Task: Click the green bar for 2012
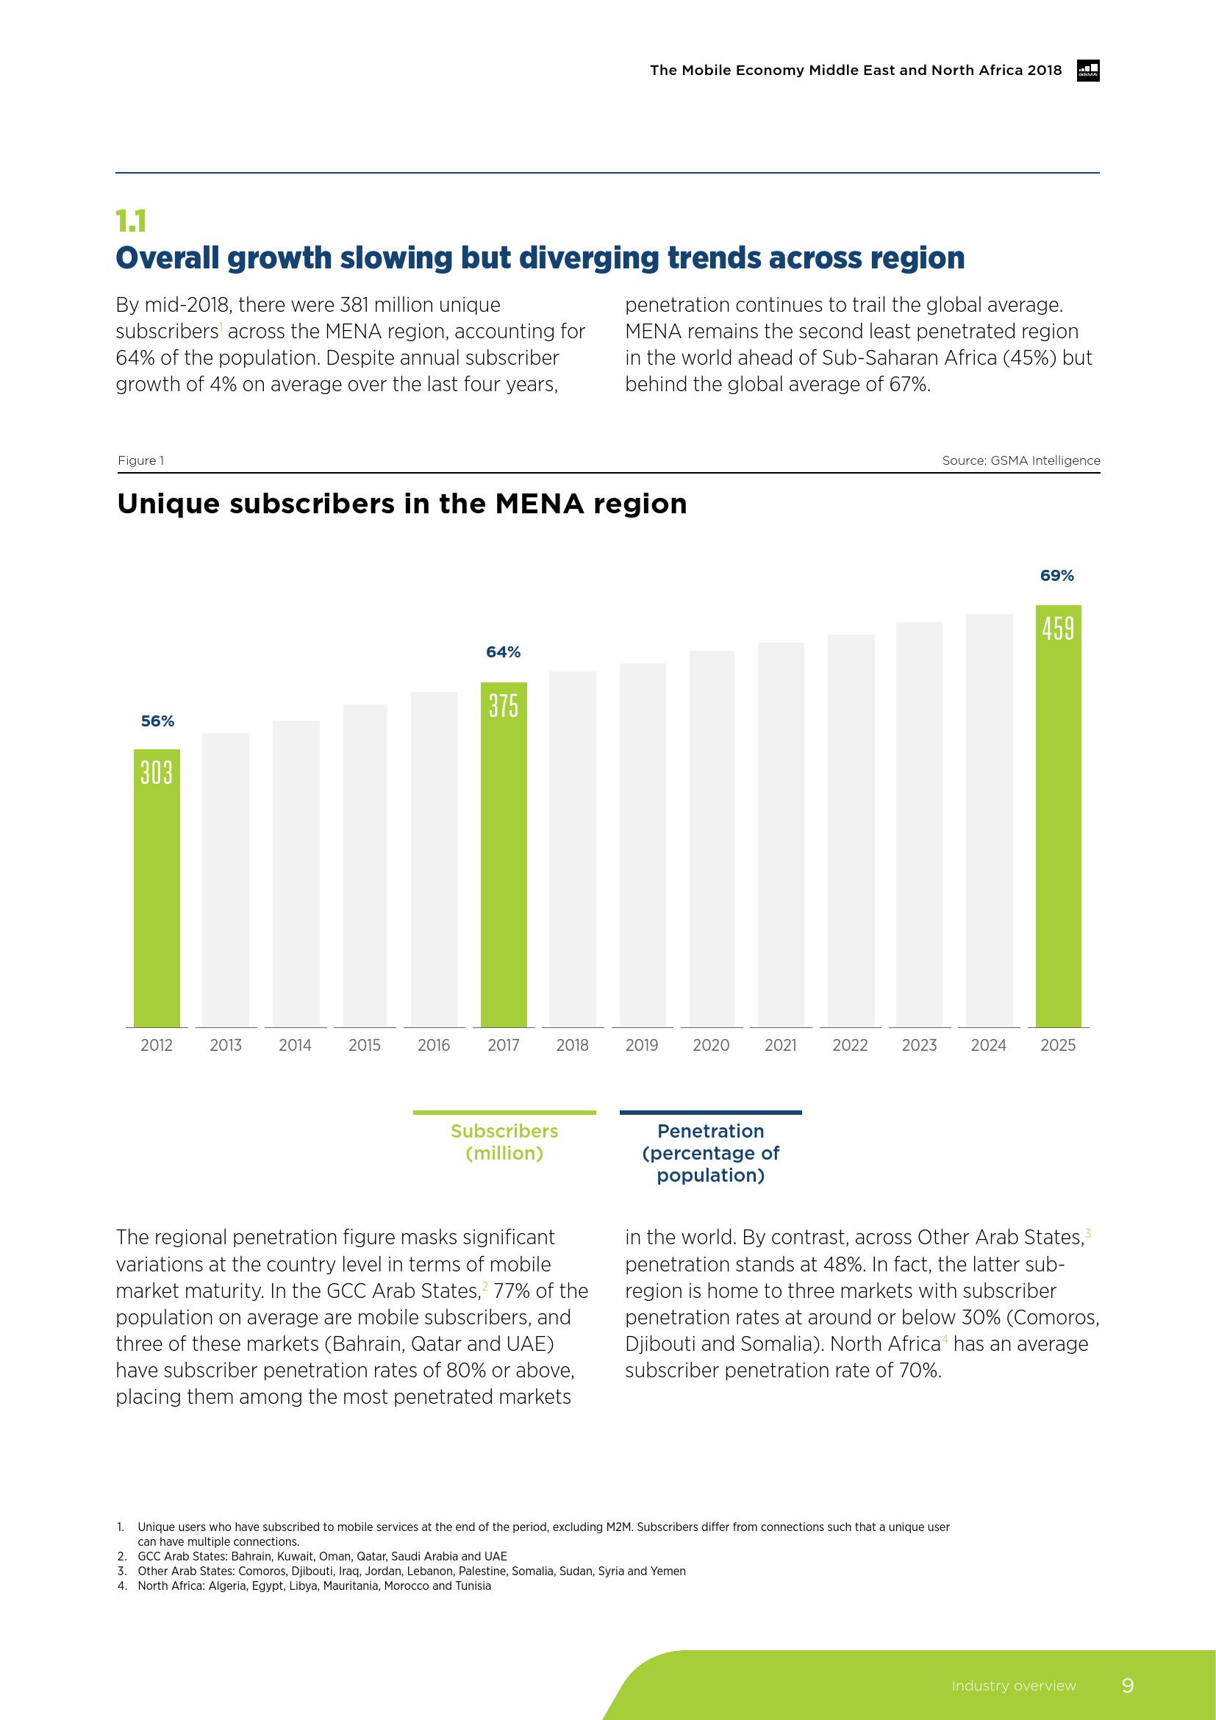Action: coord(157,888)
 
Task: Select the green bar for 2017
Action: coord(503,854)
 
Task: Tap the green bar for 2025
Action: coord(1058,816)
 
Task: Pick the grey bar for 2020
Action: coord(712,839)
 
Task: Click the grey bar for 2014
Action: coord(296,873)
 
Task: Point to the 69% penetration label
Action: coord(1056,575)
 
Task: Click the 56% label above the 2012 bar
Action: coord(157,721)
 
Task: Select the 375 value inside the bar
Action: coord(503,705)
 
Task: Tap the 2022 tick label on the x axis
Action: coord(850,1045)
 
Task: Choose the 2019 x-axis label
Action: coord(642,1045)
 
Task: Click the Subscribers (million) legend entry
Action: coord(504,1142)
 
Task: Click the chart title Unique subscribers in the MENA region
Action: coord(402,504)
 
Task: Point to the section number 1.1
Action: coord(131,221)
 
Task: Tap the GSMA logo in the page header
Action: coord(1087,71)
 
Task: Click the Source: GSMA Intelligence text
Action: coord(1020,461)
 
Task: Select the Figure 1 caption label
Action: coord(140,461)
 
